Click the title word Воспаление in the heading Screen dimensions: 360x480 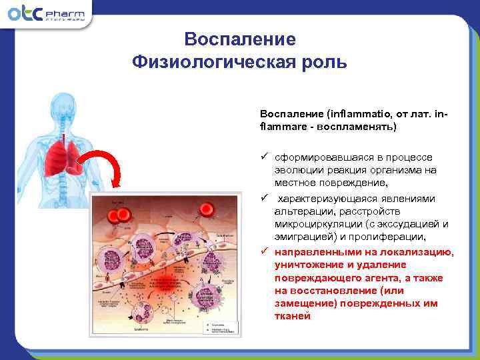239,39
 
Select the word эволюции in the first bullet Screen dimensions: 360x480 297,169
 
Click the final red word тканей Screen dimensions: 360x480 292,316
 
